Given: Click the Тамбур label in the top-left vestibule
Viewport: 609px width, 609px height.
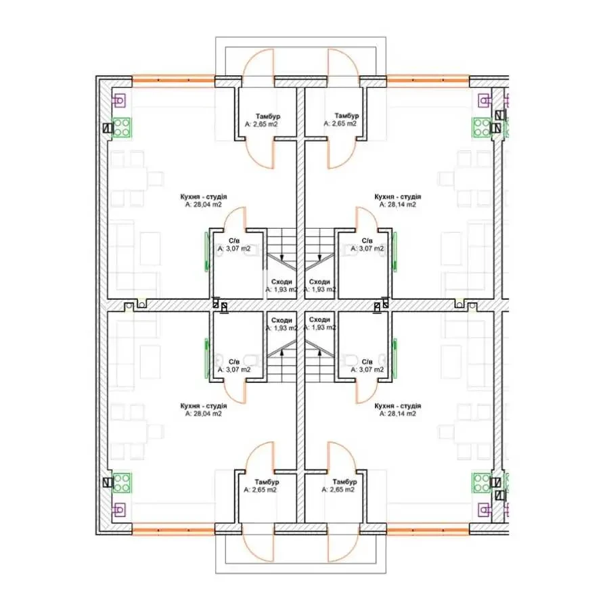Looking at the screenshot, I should tap(261, 116).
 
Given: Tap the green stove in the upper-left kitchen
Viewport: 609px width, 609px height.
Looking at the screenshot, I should tap(122, 128).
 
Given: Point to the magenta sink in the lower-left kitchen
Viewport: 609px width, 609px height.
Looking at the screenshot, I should tap(120, 508).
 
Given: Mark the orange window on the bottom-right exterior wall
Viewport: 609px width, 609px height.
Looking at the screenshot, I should tap(428, 527).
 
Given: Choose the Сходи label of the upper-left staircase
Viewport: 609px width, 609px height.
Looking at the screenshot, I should tap(281, 281).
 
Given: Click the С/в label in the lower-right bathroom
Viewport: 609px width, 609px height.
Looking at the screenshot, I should tap(367, 362).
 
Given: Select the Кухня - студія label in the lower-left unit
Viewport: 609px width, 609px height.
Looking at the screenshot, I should tap(203, 406).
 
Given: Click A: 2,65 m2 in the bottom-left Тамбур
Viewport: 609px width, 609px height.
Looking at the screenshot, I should tap(261, 489).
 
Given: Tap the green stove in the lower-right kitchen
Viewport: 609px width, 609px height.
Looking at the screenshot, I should tap(481, 482).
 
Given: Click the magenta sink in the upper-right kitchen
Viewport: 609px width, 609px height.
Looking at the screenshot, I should tap(484, 101).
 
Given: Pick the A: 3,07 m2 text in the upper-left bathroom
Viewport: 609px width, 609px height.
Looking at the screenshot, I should tap(234, 249).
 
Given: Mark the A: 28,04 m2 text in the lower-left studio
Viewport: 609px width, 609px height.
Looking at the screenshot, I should tap(203, 414).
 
